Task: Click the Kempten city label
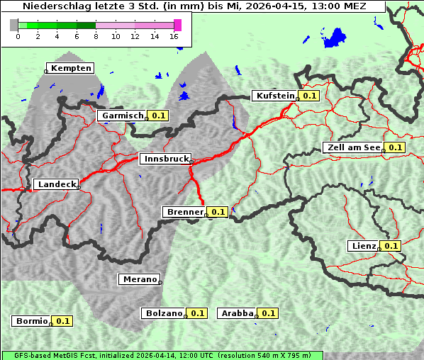(71, 68)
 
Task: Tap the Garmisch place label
(123, 115)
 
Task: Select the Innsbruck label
(165, 159)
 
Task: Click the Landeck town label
(56, 184)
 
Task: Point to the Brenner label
(184, 212)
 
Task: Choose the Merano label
(138, 279)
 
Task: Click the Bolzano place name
(164, 313)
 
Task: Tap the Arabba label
(237, 313)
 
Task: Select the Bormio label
(32, 321)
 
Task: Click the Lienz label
(364, 246)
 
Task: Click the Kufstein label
(274, 96)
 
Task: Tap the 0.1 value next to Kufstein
(309, 96)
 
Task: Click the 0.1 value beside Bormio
(63, 321)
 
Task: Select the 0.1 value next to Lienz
(391, 246)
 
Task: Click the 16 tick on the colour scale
(174, 35)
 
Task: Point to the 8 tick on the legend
(96, 35)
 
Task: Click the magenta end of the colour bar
(177, 25)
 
